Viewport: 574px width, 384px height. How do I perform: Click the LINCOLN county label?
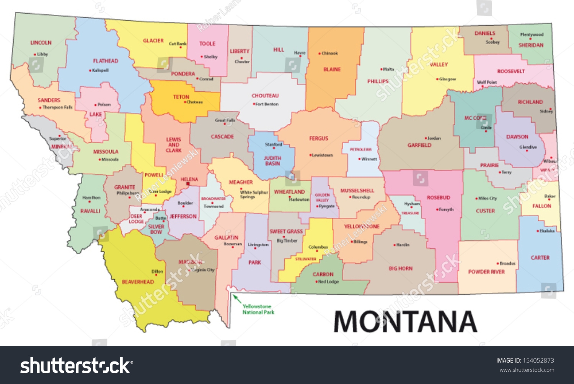tap(41, 43)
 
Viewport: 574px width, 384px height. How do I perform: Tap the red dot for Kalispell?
tap(90, 71)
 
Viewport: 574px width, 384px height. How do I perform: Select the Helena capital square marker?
tap(188, 184)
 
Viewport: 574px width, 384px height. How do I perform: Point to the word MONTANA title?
tap(405, 322)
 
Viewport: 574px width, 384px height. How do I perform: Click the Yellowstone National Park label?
tap(258, 309)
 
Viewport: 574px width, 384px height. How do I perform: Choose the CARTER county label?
tap(540, 258)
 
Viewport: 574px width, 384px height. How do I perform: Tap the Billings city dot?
tap(352, 242)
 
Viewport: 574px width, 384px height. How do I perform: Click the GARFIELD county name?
tap(419, 145)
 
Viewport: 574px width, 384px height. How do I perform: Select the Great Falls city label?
tap(225, 120)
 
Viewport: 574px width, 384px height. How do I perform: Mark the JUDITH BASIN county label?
tap(272, 161)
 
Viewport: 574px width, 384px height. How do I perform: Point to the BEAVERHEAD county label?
tap(138, 282)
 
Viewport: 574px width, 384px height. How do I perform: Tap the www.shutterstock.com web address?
tap(527, 370)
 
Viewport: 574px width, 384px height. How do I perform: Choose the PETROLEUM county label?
tap(361, 149)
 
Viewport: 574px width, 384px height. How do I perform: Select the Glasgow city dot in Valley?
tap(437, 79)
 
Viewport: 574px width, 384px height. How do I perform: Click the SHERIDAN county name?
tap(531, 45)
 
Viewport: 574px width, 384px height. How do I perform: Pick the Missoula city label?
tap(110, 159)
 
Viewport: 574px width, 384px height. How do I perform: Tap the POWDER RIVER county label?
tap(486, 272)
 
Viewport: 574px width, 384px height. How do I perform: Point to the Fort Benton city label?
tap(267, 104)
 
